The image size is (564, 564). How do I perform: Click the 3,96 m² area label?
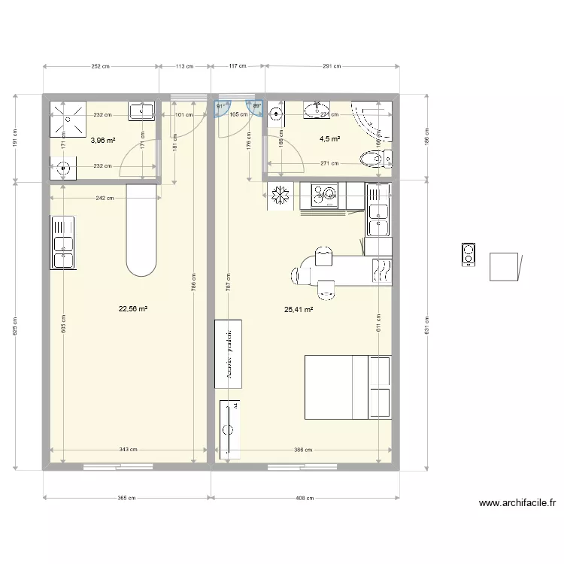click(x=103, y=140)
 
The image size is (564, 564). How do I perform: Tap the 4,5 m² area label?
click(x=329, y=139)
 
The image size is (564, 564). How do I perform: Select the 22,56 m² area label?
click(x=132, y=308)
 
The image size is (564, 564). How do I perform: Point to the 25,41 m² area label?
click(x=299, y=309)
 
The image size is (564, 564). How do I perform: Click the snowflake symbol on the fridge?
click(x=280, y=195)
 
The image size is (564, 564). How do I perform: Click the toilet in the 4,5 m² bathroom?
click(x=374, y=159)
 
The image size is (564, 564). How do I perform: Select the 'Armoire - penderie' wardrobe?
click(x=229, y=353)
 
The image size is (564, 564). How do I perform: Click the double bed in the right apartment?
click(x=347, y=387)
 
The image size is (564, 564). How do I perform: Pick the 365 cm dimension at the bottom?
click(x=127, y=498)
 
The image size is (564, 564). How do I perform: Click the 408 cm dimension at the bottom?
click(x=304, y=498)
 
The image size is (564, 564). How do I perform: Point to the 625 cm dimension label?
click(x=16, y=325)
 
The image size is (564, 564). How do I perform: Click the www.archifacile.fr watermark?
click(x=517, y=504)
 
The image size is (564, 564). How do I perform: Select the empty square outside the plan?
click(x=504, y=267)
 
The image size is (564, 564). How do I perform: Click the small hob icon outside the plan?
click(x=468, y=255)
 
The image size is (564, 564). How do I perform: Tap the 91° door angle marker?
click(x=220, y=107)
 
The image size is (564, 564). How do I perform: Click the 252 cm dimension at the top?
click(x=101, y=66)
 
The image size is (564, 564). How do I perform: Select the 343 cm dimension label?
click(x=128, y=450)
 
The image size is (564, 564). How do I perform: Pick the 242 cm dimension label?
click(x=105, y=198)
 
